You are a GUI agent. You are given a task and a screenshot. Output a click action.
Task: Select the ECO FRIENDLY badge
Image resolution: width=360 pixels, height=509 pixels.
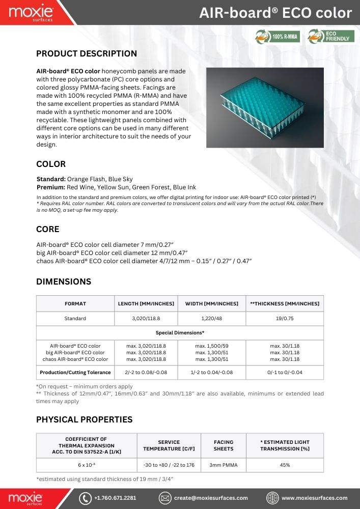[x=331, y=37]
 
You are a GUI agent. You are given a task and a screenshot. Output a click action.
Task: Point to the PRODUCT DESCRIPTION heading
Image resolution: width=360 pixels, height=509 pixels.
[x=87, y=54]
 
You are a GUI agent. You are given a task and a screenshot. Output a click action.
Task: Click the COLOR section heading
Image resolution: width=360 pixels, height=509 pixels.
[x=51, y=164]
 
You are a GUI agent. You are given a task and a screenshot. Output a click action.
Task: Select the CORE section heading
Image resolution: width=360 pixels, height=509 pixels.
[x=48, y=229]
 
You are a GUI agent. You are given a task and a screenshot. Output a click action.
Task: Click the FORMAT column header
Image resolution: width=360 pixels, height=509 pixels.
[x=75, y=303]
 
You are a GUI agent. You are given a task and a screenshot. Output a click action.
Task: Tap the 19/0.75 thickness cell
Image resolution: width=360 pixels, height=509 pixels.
[x=285, y=319]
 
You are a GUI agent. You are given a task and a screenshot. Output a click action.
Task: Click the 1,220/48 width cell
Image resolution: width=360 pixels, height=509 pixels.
[x=212, y=319]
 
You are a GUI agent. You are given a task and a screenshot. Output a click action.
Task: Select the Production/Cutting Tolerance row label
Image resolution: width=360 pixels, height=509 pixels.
[x=75, y=373]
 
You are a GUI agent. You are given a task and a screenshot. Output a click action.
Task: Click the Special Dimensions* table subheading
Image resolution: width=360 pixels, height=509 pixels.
[x=180, y=332]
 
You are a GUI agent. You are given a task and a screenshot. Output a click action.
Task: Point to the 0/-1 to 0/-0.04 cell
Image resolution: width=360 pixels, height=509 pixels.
[x=285, y=373]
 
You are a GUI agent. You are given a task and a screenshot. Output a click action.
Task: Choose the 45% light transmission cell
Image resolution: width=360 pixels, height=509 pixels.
[x=285, y=465]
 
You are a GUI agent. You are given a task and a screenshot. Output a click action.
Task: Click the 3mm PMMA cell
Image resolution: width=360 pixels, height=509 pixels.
[x=224, y=465]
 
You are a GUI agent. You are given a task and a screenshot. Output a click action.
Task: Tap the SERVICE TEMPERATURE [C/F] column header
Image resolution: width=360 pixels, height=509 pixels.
[x=169, y=445]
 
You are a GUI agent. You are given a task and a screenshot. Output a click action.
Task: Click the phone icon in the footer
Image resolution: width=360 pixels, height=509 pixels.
[x=85, y=498]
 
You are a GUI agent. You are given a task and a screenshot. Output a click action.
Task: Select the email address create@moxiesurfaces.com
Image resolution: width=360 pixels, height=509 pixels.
[x=211, y=498]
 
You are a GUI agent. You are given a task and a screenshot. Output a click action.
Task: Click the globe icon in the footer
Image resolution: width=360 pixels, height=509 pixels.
[x=273, y=498]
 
